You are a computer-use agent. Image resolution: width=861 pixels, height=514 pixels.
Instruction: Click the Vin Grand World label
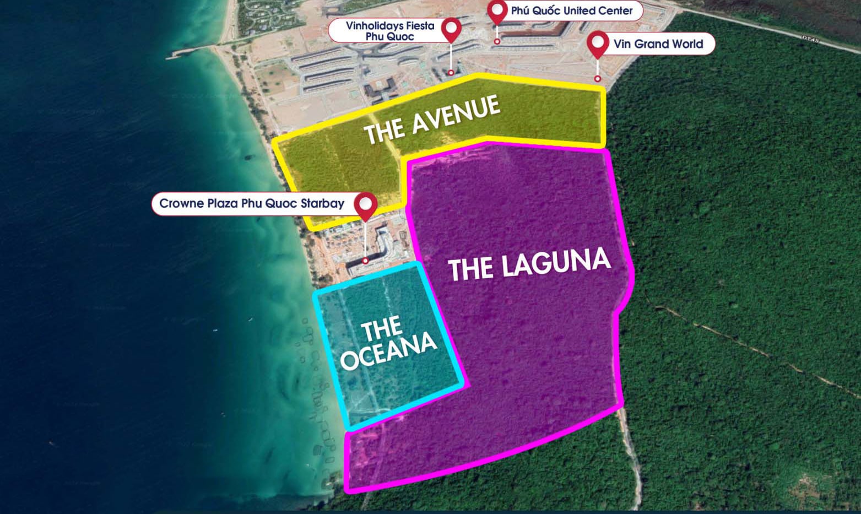(x=658, y=44)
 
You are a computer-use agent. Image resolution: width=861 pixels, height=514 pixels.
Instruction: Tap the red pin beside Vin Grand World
(x=598, y=43)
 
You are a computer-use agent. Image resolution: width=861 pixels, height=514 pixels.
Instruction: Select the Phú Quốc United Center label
(x=571, y=10)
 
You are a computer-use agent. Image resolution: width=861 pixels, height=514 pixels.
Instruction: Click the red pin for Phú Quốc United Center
(x=497, y=11)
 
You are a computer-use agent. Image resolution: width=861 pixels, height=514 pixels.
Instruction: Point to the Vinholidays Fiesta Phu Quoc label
(x=390, y=31)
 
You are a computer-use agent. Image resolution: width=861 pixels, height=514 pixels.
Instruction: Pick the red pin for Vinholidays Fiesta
(x=452, y=28)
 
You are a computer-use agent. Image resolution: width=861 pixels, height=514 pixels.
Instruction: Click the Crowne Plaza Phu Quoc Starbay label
(x=252, y=203)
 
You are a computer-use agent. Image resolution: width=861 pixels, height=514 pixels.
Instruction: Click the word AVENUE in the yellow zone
(x=457, y=114)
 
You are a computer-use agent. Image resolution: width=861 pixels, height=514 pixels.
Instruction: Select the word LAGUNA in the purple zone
(x=556, y=262)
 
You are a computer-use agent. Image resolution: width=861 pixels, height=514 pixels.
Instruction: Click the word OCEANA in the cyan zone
(x=388, y=351)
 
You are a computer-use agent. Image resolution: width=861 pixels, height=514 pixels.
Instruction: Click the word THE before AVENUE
(x=384, y=131)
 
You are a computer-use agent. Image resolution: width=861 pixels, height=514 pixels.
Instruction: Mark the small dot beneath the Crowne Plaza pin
(x=365, y=261)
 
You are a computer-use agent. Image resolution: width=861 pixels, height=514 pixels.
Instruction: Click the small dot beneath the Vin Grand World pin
(x=598, y=79)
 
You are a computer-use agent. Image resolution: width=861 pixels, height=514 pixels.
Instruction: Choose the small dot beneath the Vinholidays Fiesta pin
(x=451, y=73)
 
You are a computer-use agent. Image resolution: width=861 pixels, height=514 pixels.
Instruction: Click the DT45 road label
(x=810, y=39)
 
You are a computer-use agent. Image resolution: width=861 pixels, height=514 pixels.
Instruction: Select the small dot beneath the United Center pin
(x=497, y=41)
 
